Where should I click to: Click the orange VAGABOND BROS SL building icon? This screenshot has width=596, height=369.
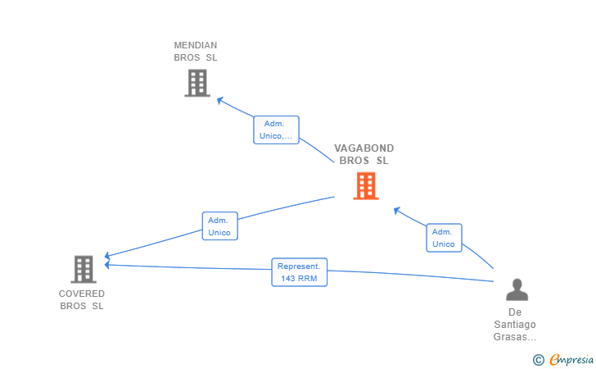pyautogui.click(x=366, y=186)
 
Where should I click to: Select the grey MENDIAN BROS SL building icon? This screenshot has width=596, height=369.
pyautogui.click(x=197, y=83)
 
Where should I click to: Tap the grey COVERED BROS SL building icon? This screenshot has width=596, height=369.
pyautogui.click(x=84, y=269)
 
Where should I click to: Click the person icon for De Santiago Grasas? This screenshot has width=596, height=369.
pyautogui.click(x=517, y=289)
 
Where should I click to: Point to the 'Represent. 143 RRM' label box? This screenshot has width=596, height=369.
pyautogui.click(x=299, y=272)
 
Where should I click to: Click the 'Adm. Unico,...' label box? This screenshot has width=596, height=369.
pyautogui.click(x=277, y=130)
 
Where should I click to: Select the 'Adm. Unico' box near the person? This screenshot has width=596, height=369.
pyautogui.click(x=444, y=238)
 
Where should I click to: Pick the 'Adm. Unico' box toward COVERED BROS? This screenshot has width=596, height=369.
pyautogui.click(x=219, y=226)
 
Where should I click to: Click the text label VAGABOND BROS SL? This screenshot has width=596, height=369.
pyautogui.click(x=364, y=154)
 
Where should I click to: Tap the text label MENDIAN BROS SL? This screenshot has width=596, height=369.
pyautogui.click(x=196, y=52)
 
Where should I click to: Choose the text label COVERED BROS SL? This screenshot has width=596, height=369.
pyautogui.click(x=82, y=299)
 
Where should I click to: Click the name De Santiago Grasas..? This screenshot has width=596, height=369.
pyautogui.click(x=515, y=325)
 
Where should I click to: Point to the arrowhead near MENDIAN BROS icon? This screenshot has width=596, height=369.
pyautogui.click(x=219, y=100)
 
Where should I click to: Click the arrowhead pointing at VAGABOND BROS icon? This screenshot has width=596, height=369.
pyautogui.click(x=396, y=210)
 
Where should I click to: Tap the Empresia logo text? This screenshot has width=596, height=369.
pyautogui.click(x=571, y=359)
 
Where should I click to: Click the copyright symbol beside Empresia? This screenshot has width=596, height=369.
pyautogui.click(x=539, y=360)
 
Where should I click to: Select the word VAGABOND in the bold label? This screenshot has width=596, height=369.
pyautogui.click(x=364, y=148)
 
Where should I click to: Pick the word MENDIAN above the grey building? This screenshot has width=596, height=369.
pyautogui.click(x=196, y=45)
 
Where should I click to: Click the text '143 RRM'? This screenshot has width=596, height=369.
pyautogui.click(x=299, y=278)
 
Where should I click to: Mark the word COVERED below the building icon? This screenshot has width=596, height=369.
pyautogui.click(x=82, y=294)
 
